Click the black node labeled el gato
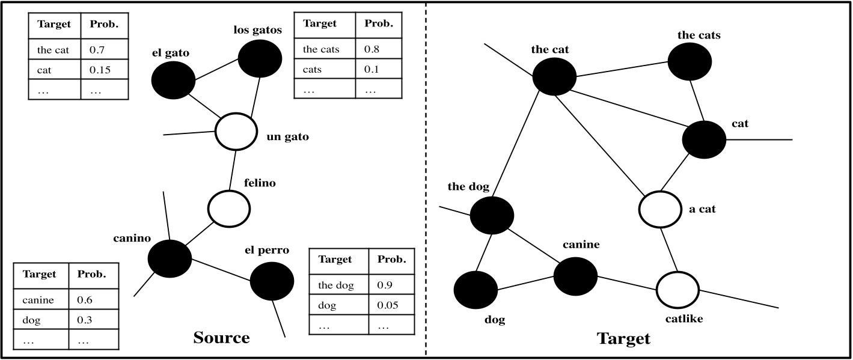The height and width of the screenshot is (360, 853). (x=173, y=81)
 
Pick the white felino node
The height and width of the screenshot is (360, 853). (x=229, y=208)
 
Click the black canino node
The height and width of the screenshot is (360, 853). (x=170, y=257)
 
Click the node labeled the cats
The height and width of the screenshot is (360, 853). (x=689, y=61)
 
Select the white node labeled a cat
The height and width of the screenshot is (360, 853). (x=660, y=209)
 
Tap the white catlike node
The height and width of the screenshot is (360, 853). (x=677, y=289)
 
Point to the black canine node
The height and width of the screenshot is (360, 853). (x=575, y=275)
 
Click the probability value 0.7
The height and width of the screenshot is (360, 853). (x=97, y=50)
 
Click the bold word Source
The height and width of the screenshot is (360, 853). (x=221, y=338)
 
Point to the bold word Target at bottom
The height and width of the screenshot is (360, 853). (x=623, y=339)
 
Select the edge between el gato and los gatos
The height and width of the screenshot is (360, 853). (x=216, y=70)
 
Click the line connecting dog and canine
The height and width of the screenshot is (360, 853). (x=525, y=284)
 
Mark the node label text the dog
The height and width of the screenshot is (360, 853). (x=468, y=186)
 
